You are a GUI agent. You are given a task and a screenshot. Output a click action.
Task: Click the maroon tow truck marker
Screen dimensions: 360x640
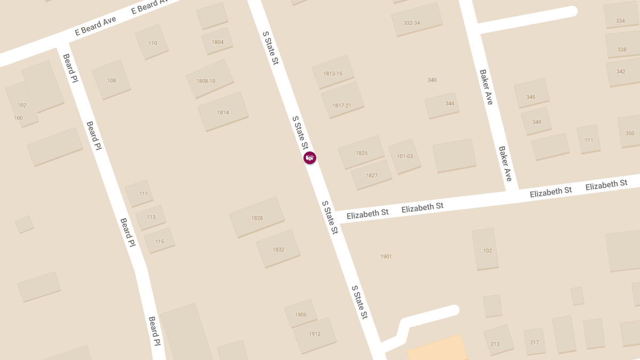(310, 158)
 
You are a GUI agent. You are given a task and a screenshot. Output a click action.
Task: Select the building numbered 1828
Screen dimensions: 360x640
(257, 218)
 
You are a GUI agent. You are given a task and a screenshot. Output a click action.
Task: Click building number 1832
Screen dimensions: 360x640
(278, 249)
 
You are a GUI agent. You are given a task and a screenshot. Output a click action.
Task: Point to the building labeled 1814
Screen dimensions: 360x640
(223, 112)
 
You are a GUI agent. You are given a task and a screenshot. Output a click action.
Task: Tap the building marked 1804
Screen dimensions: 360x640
(218, 42)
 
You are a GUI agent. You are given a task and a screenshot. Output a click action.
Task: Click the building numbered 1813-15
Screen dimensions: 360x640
(333, 73)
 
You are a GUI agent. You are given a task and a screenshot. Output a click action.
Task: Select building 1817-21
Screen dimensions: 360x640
(342, 105)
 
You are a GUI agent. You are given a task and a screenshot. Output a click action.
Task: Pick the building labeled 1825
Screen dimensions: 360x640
(362, 153)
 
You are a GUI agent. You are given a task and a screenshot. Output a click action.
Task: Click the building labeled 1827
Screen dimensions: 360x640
(372, 175)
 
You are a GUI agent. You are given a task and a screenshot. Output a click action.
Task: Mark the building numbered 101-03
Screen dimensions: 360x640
(405, 156)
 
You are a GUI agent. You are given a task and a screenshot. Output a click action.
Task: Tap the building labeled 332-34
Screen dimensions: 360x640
(412, 22)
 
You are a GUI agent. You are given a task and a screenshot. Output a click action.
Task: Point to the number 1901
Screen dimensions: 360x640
(386, 257)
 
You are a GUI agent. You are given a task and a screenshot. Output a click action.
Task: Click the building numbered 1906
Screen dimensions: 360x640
(301, 314)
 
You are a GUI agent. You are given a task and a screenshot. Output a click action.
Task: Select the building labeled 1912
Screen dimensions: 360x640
(315, 334)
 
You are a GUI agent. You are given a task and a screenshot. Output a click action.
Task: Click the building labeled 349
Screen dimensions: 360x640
(537, 122)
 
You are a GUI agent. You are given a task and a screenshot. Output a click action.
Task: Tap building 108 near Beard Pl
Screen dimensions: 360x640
(111, 80)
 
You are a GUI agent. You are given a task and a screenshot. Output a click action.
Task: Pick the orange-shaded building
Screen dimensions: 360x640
(437, 349)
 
